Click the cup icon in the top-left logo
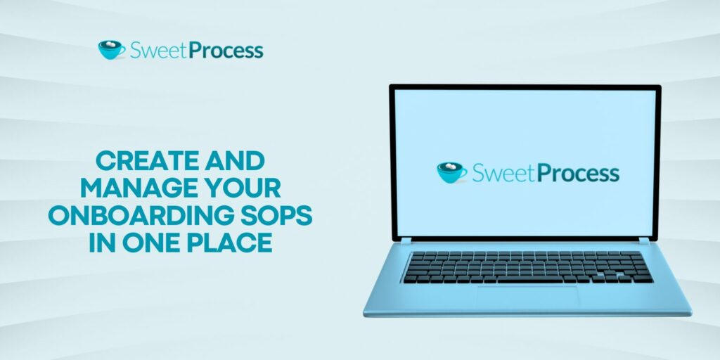point(111,50)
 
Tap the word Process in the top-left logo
point(226,51)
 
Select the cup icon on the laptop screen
point(451,172)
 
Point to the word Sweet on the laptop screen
point(499,173)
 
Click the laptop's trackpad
point(527,296)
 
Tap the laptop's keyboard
point(527,267)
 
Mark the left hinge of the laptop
point(406,240)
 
